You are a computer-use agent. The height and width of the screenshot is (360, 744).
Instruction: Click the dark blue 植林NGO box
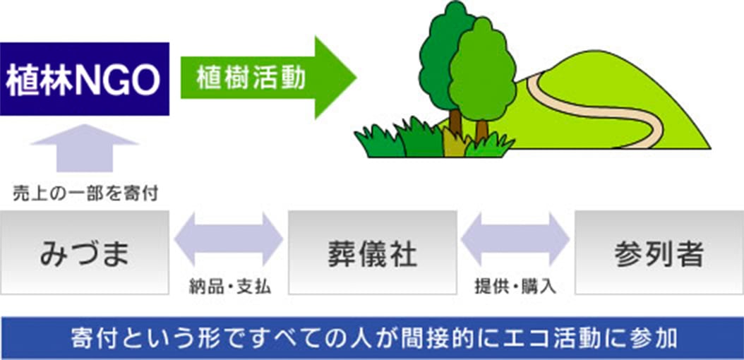coord(85,79)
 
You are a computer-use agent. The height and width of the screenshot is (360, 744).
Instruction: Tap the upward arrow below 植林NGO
coord(85,148)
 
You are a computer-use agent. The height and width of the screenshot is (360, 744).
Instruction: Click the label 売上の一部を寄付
coord(85,193)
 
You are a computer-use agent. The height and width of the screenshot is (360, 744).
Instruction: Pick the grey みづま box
coord(85,252)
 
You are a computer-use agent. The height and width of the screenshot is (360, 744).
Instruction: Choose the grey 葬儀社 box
coord(372,252)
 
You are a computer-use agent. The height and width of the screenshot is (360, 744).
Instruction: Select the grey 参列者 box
coord(659,252)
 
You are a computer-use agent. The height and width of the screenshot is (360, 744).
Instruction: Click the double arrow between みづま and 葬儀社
coord(228,240)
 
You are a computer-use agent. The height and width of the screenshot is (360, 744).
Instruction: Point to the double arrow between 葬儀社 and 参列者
coord(515,240)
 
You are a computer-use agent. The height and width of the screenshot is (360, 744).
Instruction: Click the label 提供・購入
coord(516,287)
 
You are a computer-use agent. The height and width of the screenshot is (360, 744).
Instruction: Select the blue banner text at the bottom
coord(372,337)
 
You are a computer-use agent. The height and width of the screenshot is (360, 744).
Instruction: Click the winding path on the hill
coord(600,113)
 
